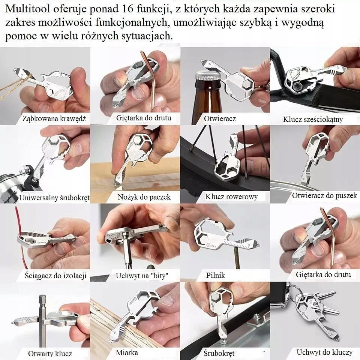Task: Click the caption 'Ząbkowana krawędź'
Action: (x=54, y=118)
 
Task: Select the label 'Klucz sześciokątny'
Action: (x=313, y=120)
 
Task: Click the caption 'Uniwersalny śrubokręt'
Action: (x=54, y=198)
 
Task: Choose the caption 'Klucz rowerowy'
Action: (x=231, y=196)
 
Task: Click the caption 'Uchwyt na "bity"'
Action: (x=142, y=276)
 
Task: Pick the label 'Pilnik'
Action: (x=216, y=275)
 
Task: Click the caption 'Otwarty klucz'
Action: (x=50, y=353)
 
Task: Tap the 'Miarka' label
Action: (x=127, y=352)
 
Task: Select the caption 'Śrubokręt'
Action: (x=219, y=353)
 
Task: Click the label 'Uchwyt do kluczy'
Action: (x=324, y=352)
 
